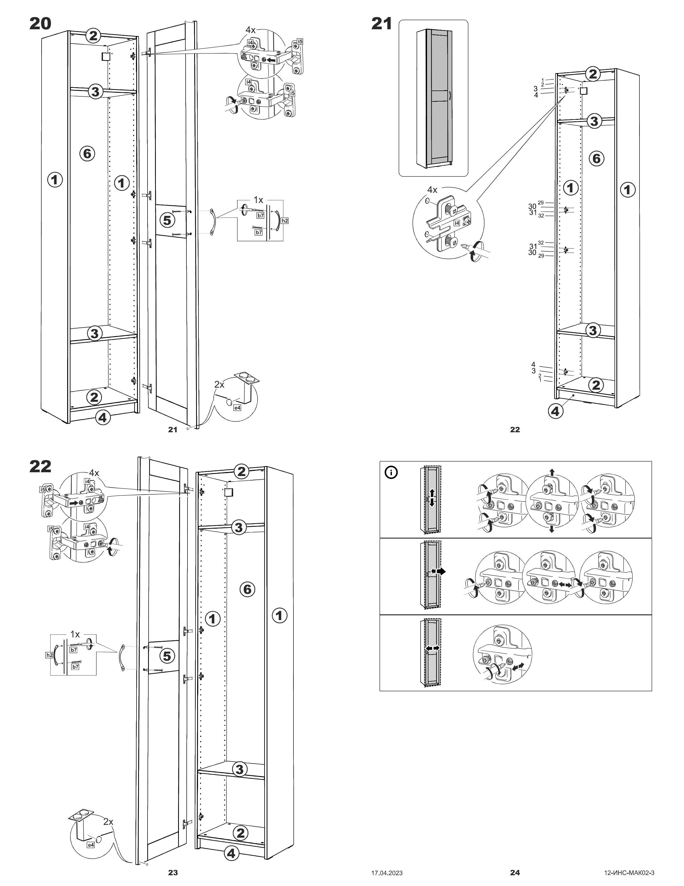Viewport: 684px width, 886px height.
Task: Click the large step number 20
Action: click(41, 24)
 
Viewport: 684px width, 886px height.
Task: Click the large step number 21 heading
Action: click(382, 24)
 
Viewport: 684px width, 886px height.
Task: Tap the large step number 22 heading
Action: click(41, 467)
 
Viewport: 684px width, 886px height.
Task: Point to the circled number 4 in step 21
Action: click(556, 411)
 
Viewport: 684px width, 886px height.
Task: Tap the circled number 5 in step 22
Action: click(167, 656)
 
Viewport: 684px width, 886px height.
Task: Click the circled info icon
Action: click(391, 472)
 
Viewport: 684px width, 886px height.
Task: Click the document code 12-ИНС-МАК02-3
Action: click(629, 873)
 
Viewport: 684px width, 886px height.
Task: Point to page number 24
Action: click(515, 872)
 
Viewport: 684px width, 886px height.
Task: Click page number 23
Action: click(173, 872)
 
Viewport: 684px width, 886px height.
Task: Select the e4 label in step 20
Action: click(237, 408)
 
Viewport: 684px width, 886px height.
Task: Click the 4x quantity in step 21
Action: click(432, 190)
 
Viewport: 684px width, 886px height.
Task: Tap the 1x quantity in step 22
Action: click(75, 634)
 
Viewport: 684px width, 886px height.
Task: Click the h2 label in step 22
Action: click(49, 655)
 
